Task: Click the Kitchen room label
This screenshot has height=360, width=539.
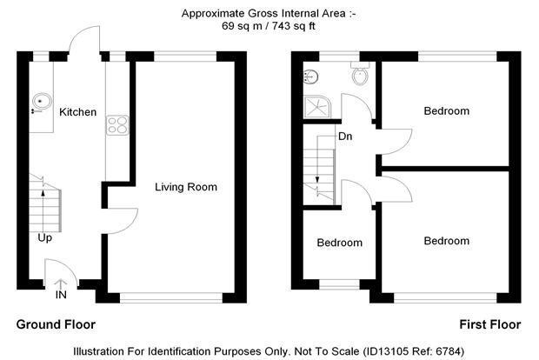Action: (x=77, y=112)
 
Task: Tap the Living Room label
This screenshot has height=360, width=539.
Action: (x=186, y=187)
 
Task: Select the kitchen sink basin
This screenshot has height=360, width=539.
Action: (x=42, y=102)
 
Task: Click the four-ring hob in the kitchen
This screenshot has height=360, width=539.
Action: (x=117, y=125)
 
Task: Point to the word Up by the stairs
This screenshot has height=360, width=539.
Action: (x=44, y=238)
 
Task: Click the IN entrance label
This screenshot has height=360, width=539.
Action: (x=61, y=295)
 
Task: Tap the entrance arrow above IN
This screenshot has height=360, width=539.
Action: (x=61, y=284)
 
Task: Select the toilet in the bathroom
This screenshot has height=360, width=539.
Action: (x=360, y=73)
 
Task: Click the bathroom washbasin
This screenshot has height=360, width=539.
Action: (x=310, y=77)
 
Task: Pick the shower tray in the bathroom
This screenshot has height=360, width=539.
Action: (x=317, y=107)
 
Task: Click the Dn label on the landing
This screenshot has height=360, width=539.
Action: (x=345, y=137)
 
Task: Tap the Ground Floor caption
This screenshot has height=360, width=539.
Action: (x=56, y=324)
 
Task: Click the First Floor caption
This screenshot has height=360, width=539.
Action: (x=489, y=324)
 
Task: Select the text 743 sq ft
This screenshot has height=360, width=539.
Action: (x=294, y=26)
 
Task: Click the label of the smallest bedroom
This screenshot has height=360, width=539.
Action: (x=340, y=243)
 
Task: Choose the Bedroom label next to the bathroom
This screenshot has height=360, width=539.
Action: (x=447, y=111)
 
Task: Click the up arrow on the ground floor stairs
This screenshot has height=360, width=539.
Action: (x=43, y=210)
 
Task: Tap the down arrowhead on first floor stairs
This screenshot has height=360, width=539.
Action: (x=317, y=179)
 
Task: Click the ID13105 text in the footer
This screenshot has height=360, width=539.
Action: (x=384, y=351)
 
